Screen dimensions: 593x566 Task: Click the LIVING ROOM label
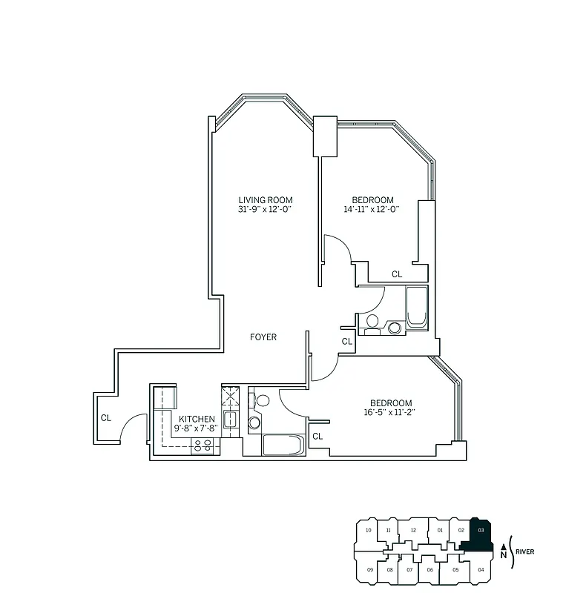point(265,199)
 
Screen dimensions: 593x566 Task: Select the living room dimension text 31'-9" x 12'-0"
point(265,209)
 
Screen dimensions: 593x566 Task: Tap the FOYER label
point(263,337)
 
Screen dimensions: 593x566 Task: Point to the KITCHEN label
point(197,419)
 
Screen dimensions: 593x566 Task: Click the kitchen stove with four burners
point(203,445)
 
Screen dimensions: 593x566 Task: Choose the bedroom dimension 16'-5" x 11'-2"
point(388,412)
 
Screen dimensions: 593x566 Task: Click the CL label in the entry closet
point(106,418)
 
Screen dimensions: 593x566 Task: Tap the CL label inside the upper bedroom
point(397,274)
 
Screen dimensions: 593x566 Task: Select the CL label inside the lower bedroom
point(317,437)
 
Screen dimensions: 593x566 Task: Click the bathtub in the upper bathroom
point(416,307)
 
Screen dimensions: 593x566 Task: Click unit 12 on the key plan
point(413,530)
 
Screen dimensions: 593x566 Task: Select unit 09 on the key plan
point(369,569)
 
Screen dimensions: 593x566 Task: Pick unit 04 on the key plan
point(481,569)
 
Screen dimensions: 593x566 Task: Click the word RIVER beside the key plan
point(525,551)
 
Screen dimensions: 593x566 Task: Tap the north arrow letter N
point(503,554)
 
